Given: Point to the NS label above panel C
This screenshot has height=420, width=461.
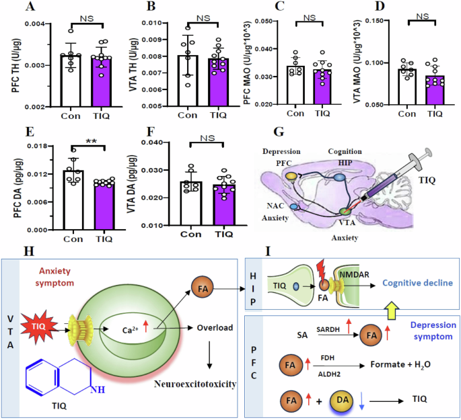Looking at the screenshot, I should tap(310, 19).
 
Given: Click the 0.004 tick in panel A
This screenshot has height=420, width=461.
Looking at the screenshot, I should tap(20, 24).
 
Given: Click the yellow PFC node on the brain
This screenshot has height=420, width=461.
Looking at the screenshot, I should tap(291, 175).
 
